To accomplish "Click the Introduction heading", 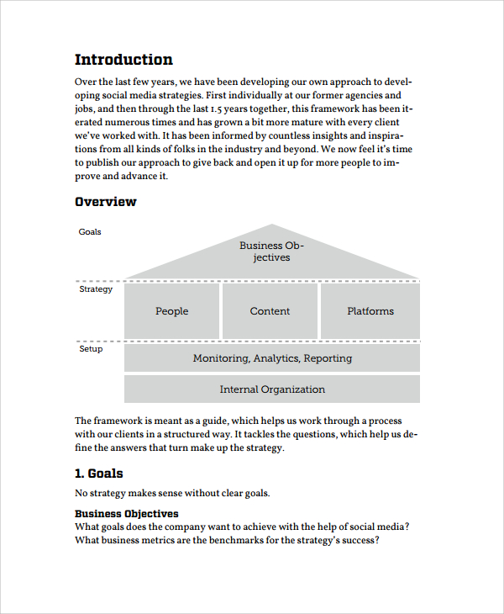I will [123, 60].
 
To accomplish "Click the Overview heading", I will [105, 202].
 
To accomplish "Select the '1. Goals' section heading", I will [99, 474].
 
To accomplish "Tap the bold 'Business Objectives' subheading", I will [126, 513].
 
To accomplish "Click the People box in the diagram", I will [171, 311].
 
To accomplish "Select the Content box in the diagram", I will [270, 311].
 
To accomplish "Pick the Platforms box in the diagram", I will [370, 311].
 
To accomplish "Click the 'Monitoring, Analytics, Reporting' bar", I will [272, 358].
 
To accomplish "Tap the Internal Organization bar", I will [272, 389].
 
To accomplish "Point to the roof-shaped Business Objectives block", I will [271, 251].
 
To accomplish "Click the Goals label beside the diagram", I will [90, 232].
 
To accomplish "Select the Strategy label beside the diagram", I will [96, 289].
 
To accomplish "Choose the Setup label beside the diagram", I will [91, 349].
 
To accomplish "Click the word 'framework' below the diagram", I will [118, 421].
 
